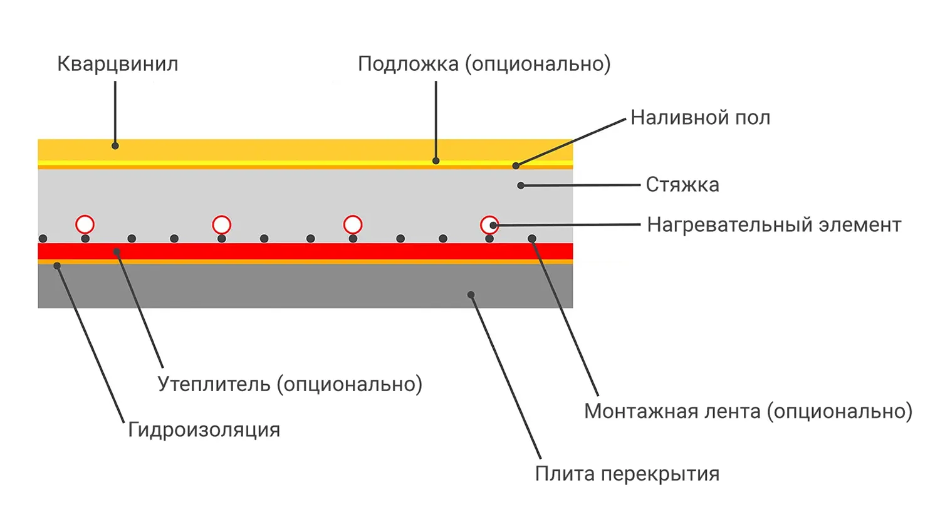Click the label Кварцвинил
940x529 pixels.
coord(118,64)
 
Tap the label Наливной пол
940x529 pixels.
coord(700,118)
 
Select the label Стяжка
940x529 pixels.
coord(682,185)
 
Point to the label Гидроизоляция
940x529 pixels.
coord(204,430)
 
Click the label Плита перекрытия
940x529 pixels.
coord(627,474)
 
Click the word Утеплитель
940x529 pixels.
coord(214,384)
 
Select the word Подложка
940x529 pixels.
coord(408,64)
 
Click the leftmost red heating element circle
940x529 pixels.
coord(85,224)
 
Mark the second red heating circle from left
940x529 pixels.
coord(221,224)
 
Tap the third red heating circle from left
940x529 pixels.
coord(353,224)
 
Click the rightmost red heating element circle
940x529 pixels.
coord(489,224)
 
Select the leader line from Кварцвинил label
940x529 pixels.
coord(115,113)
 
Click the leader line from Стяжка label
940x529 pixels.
coord(580,186)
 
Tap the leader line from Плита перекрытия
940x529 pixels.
coord(505,376)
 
